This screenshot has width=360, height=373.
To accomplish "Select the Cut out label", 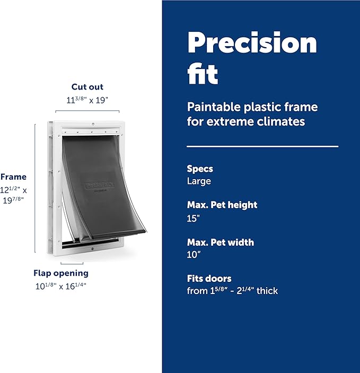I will tap(87, 87).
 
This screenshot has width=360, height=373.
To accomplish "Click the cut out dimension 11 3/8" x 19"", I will tap(87, 100).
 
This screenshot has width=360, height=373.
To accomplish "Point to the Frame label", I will tap(13, 177).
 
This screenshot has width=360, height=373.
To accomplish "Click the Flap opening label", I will tap(61, 273).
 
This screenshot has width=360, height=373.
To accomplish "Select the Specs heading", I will tap(200, 169).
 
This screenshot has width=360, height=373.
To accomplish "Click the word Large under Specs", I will tap(199, 181).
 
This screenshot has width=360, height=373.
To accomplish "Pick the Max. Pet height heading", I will tap(222, 205).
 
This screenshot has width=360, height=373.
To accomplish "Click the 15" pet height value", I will tap(193, 218).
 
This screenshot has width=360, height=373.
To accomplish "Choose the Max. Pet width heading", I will tap(221, 242).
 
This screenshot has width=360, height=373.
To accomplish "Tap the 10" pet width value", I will tap(194, 254).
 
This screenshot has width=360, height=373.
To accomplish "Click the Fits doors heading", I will tap(209, 278).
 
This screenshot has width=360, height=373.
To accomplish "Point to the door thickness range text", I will tap(232, 291).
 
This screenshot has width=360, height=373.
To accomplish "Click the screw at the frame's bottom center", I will tap(92, 247).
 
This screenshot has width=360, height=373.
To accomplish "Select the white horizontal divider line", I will tap(262, 146).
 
